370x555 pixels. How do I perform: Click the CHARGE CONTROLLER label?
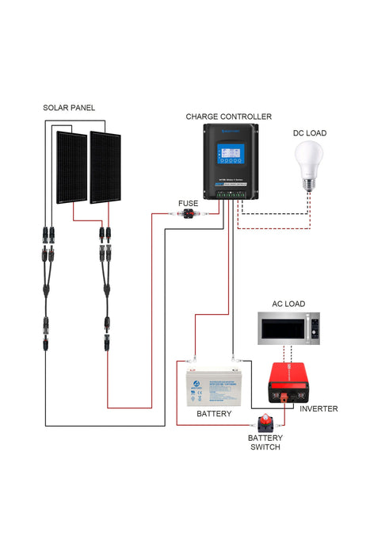pos(228,116)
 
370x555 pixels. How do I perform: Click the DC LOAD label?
pos(309,133)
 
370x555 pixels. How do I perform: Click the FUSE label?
pos(188,203)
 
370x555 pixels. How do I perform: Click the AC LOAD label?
pos(288,304)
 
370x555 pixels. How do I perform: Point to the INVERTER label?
pos(319,408)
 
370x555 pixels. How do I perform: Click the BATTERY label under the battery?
pos(213,414)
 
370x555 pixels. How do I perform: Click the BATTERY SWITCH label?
pos(264,442)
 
